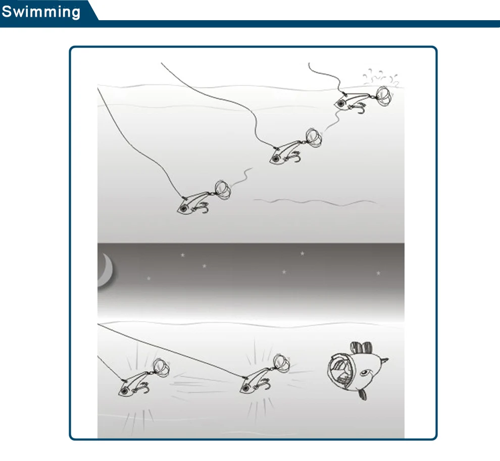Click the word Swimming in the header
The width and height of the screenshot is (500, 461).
click(x=41, y=12)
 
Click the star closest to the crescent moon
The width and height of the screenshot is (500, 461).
click(x=148, y=278)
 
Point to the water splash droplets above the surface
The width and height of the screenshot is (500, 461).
click(x=380, y=77)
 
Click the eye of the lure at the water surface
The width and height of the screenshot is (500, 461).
click(x=341, y=104)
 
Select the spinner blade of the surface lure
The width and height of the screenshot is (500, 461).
click(x=383, y=95)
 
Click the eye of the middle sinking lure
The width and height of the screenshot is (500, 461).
click(x=275, y=159)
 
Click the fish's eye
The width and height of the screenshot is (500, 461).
click(x=364, y=373)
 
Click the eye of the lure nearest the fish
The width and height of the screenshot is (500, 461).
click(x=245, y=388)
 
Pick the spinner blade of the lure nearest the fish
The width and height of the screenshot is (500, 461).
click(x=281, y=364)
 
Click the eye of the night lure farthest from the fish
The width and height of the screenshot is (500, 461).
click(x=125, y=391)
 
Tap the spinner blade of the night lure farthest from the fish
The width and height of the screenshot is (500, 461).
click(x=161, y=368)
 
